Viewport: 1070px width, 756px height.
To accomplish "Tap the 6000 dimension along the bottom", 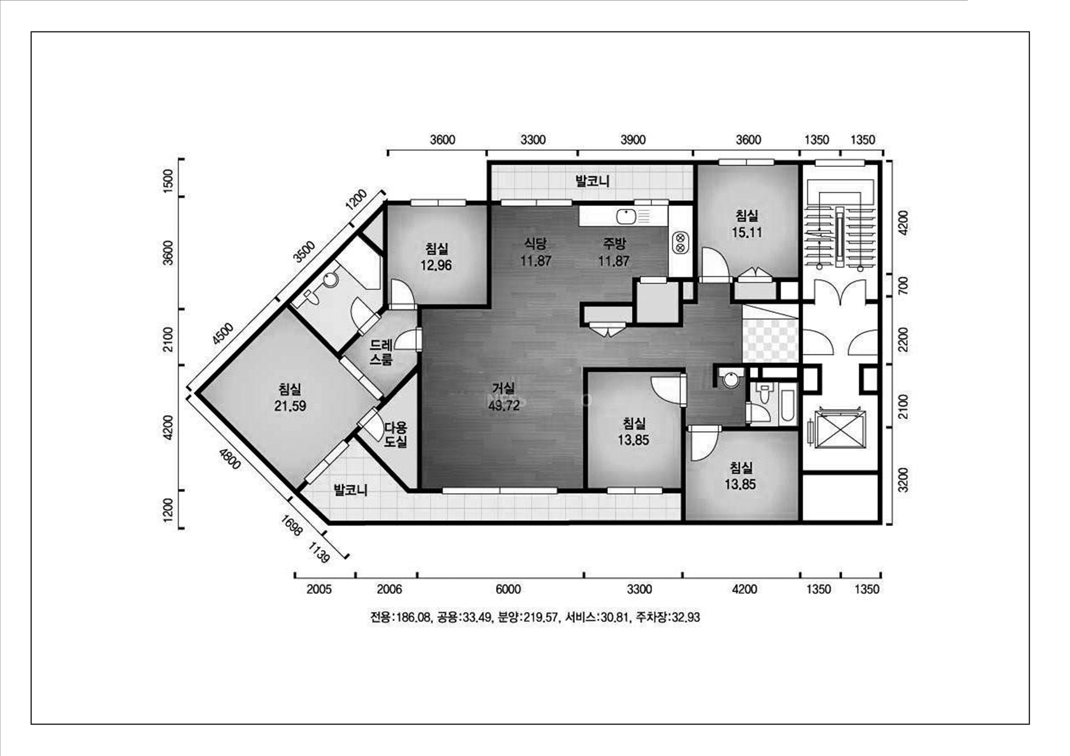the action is point(508,590).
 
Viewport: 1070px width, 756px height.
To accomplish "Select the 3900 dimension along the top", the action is point(633,140).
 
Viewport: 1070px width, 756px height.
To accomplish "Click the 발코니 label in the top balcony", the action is point(592,181).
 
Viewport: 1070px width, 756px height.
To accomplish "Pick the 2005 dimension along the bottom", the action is point(319,590).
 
